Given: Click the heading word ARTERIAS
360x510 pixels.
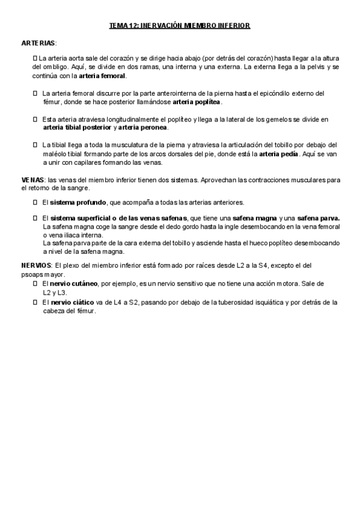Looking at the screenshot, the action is [38, 43].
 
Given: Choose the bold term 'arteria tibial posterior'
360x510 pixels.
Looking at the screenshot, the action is [78, 127].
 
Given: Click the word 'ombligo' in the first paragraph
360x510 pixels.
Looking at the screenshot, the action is [58, 67].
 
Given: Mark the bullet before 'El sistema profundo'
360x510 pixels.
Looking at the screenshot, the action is [35, 202].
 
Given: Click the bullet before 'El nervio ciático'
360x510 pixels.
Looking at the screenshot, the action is [35, 303].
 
